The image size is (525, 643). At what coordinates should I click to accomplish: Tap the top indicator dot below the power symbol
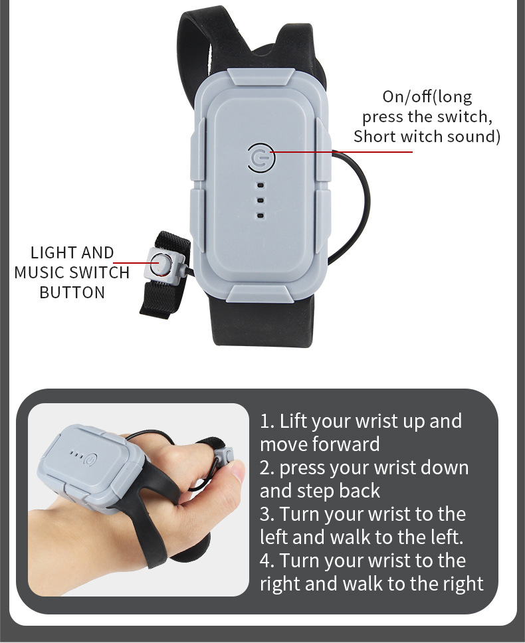[261, 185]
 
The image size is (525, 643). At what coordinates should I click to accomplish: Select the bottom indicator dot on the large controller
[261, 216]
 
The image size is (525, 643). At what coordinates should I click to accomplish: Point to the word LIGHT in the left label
[51, 252]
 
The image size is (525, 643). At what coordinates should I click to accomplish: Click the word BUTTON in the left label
[72, 292]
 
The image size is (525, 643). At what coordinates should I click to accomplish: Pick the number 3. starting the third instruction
[266, 514]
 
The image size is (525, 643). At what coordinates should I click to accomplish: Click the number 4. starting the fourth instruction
[267, 561]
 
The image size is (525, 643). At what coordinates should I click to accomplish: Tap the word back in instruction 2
[360, 491]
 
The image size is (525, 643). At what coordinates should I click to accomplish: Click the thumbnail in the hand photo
[237, 469]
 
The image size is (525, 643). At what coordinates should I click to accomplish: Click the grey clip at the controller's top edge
[261, 77]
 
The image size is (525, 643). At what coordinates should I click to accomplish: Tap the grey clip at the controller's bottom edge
[259, 294]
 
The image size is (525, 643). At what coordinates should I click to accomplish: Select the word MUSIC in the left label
[40, 273]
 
